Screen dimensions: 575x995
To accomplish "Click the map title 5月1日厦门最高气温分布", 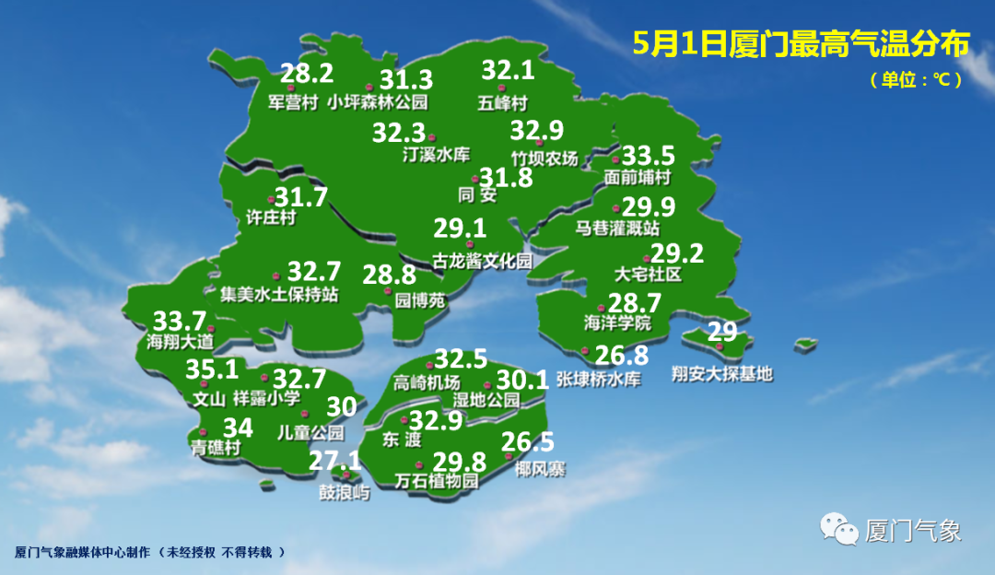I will [801, 44].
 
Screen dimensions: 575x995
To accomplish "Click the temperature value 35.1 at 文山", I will [212, 370].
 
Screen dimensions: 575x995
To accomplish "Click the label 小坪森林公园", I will [379, 102].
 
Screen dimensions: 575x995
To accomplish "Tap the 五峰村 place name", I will [503, 101].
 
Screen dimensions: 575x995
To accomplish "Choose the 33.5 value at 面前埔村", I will [649, 155].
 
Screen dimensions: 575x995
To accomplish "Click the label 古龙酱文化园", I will [483, 262].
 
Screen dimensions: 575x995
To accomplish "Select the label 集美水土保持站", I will [280, 296].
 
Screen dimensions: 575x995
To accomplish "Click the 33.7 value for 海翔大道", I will [179, 322].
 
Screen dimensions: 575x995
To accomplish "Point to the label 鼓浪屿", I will [344, 493].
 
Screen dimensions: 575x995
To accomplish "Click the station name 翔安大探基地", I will [722, 374].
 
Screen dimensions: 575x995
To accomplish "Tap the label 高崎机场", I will [427, 383].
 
